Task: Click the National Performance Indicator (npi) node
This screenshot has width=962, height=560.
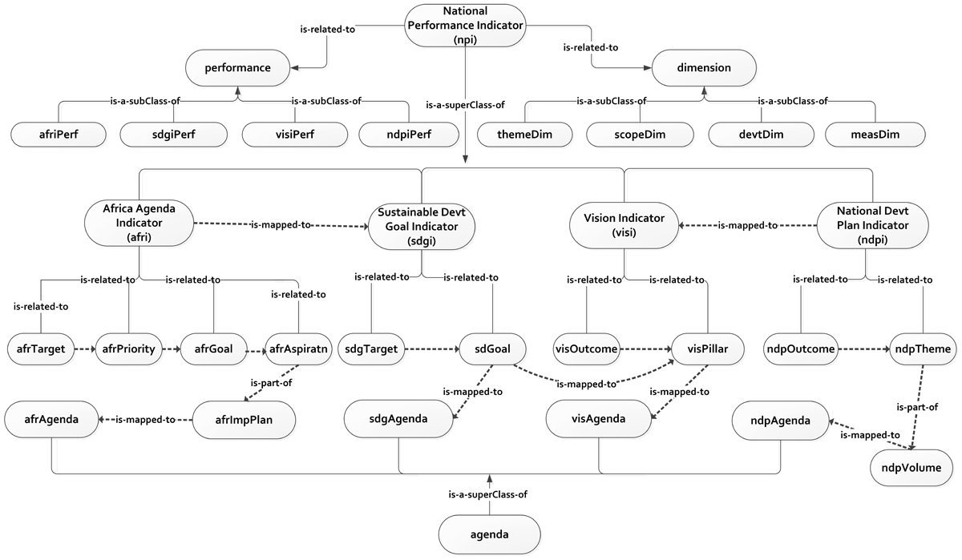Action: coord(465,26)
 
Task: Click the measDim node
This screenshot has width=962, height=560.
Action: coord(875,133)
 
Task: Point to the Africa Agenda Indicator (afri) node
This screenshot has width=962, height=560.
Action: coord(139,223)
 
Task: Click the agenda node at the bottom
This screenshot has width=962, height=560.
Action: coord(489,534)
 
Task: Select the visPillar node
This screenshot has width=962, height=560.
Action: coord(705,349)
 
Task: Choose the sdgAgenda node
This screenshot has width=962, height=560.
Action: coord(398,419)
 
